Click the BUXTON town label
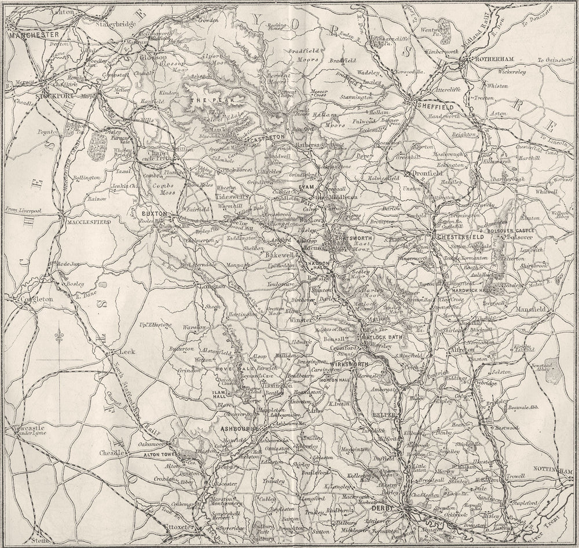click(x=155, y=214)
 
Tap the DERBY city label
click(x=382, y=507)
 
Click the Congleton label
click(x=37, y=299)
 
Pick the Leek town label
click(x=126, y=351)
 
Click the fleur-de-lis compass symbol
click(x=59, y=336)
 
